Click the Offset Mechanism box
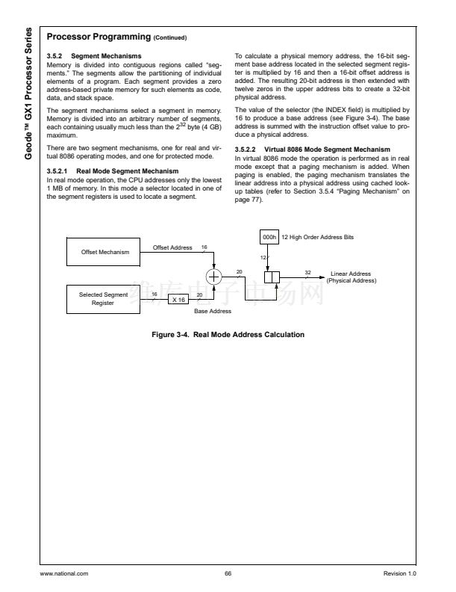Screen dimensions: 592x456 105,252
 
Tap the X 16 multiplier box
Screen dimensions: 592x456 178,299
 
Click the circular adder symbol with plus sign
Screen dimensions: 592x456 215,276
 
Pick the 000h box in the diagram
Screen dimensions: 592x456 269,236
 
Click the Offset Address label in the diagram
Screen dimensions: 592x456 172,247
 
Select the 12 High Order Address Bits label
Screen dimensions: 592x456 317,236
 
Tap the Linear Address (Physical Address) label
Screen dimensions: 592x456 350,277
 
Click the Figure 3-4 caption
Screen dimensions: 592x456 228,334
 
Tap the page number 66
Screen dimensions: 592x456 228,573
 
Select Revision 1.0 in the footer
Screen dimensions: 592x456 399,573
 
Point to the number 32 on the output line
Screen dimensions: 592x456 307,271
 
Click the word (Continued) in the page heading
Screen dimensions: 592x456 170,37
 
